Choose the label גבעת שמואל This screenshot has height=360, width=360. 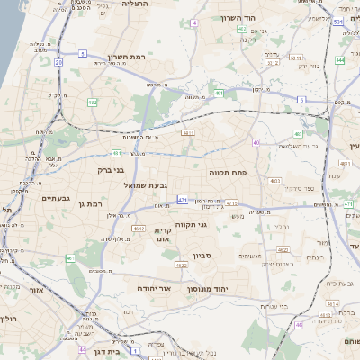(x=153, y=185)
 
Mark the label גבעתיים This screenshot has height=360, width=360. (x=56, y=197)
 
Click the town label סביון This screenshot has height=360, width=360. (x=200, y=256)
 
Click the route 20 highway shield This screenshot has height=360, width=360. (x=58, y=62)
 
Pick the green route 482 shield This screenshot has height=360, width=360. (x=92, y=103)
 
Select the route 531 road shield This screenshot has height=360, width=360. (x=337, y=21)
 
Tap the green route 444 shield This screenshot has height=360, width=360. (x=339, y=60)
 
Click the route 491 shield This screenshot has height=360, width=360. (x=219, y=93)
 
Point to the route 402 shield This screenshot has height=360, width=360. (x=242, y=30)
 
